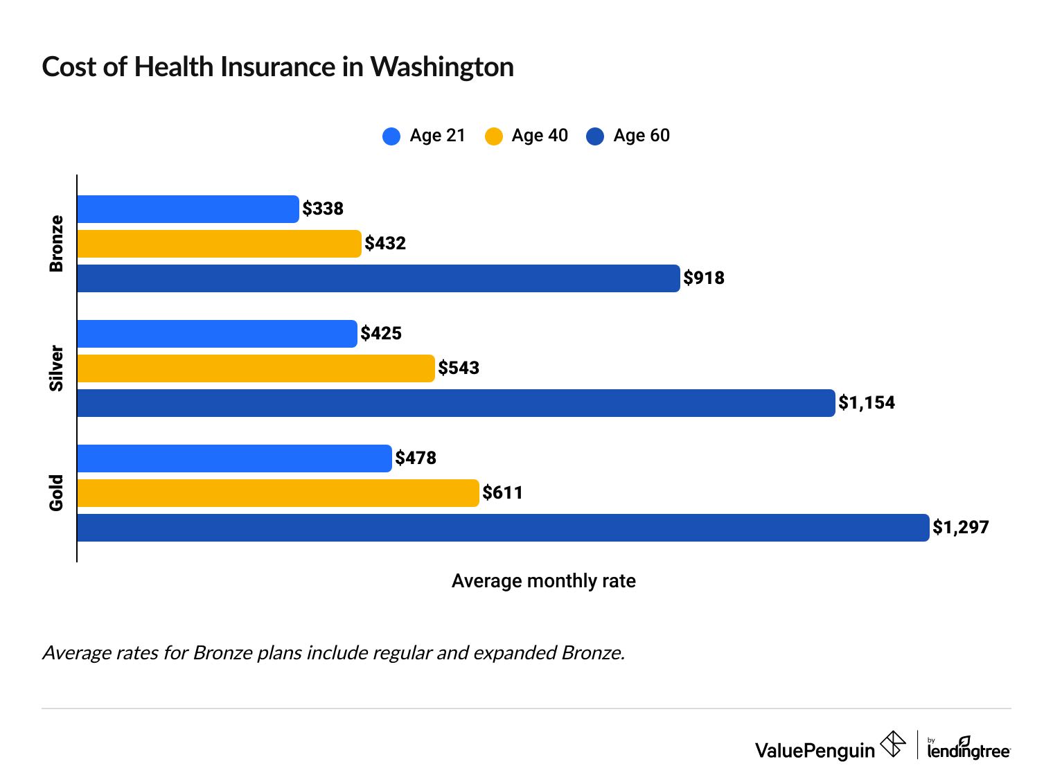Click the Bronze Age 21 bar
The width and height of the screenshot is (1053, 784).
pyautogui.click(x=188, y=209)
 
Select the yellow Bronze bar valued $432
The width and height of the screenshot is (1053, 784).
pyautogui.click(x=219, y=244)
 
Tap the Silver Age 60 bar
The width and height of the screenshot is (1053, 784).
pyautogui.click(x=456, y=403)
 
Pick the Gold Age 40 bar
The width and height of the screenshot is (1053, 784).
pyautogui.click(x=278, y=493)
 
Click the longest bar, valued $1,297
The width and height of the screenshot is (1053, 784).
pyautogui.click(x=503, y=528)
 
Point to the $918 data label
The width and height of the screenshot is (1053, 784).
pyautogui.click(x=704, y=278)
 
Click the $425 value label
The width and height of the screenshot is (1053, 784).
pyautogui.click(x=381, y=334)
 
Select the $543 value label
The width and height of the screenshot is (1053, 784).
pyautogui.click(x=459, y=368)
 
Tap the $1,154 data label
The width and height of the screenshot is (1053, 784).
pyautogui.click(x=867, y=403)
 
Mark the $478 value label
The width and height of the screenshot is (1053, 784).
pyautogui.click(x=416, y=458)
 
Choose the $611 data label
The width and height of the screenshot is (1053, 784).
pyautogui.click(x=503, y=493)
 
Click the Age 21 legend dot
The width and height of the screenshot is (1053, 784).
pyautogui.click(x=391, y=136)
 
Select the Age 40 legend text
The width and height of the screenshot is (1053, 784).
pyautogui.click(x=540, y=136)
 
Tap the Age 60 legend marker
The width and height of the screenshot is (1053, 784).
pyautogui.click(x=595, y=136)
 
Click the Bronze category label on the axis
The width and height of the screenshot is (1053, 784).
pyautogui.click(x=56, y=244)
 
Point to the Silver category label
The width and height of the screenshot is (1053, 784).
pyautogui.click(x=56, y=368)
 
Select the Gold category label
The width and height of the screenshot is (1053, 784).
pyautogui.click(x=56, y=493)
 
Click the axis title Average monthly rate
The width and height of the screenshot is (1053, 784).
pyautogui.click(x=543, y=581)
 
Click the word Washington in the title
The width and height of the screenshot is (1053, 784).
pyautogui.click(x=442, y=67)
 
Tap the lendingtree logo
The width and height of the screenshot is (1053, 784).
pyautogui.click(x=968, y=748)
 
